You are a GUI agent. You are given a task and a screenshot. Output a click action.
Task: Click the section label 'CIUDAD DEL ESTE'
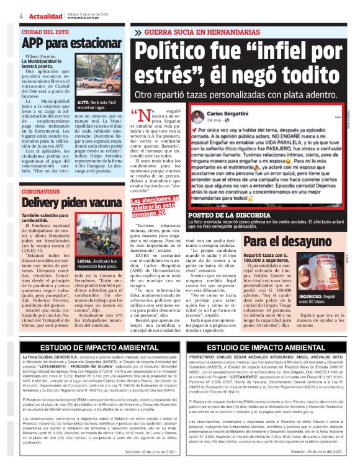click(44, 31)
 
